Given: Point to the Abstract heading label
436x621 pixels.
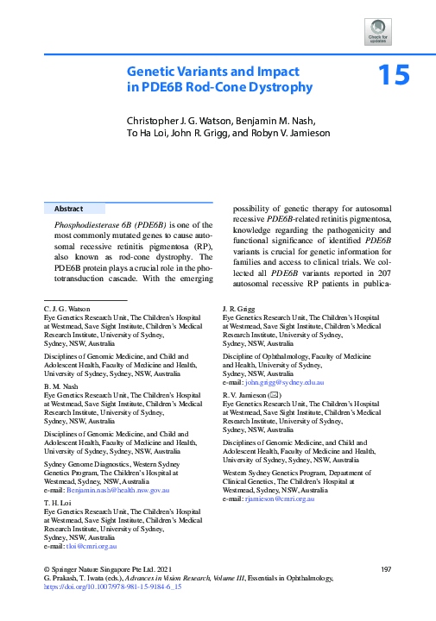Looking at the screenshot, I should click(x=69, y=209).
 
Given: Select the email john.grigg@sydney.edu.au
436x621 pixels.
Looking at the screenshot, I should click(x=285, y=381).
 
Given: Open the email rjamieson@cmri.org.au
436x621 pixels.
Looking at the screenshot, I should click(x=280, y=499).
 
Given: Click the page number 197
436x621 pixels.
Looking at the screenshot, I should click(x=385, y=569).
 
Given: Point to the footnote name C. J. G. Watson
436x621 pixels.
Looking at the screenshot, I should click(x=67, y=307).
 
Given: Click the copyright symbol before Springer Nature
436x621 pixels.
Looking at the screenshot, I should click(x=46, y=569).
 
